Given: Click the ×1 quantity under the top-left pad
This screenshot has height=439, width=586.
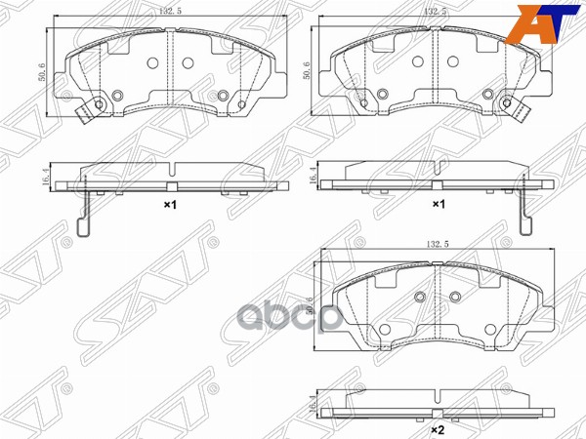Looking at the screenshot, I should (x=167, y=205).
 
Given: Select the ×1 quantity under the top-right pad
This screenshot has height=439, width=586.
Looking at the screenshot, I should (x=438, y=205).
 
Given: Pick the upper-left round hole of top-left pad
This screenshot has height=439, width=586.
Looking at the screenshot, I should (x=152, y=62).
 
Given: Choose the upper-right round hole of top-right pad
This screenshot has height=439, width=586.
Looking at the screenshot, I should (x=453, y=62).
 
